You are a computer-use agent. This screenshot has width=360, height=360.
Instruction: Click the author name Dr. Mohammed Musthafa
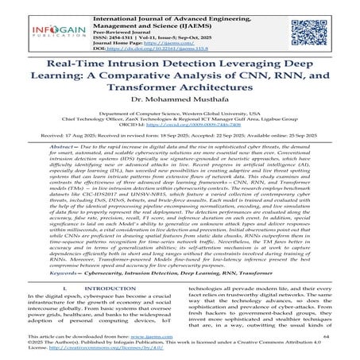[x=180, y=117]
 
